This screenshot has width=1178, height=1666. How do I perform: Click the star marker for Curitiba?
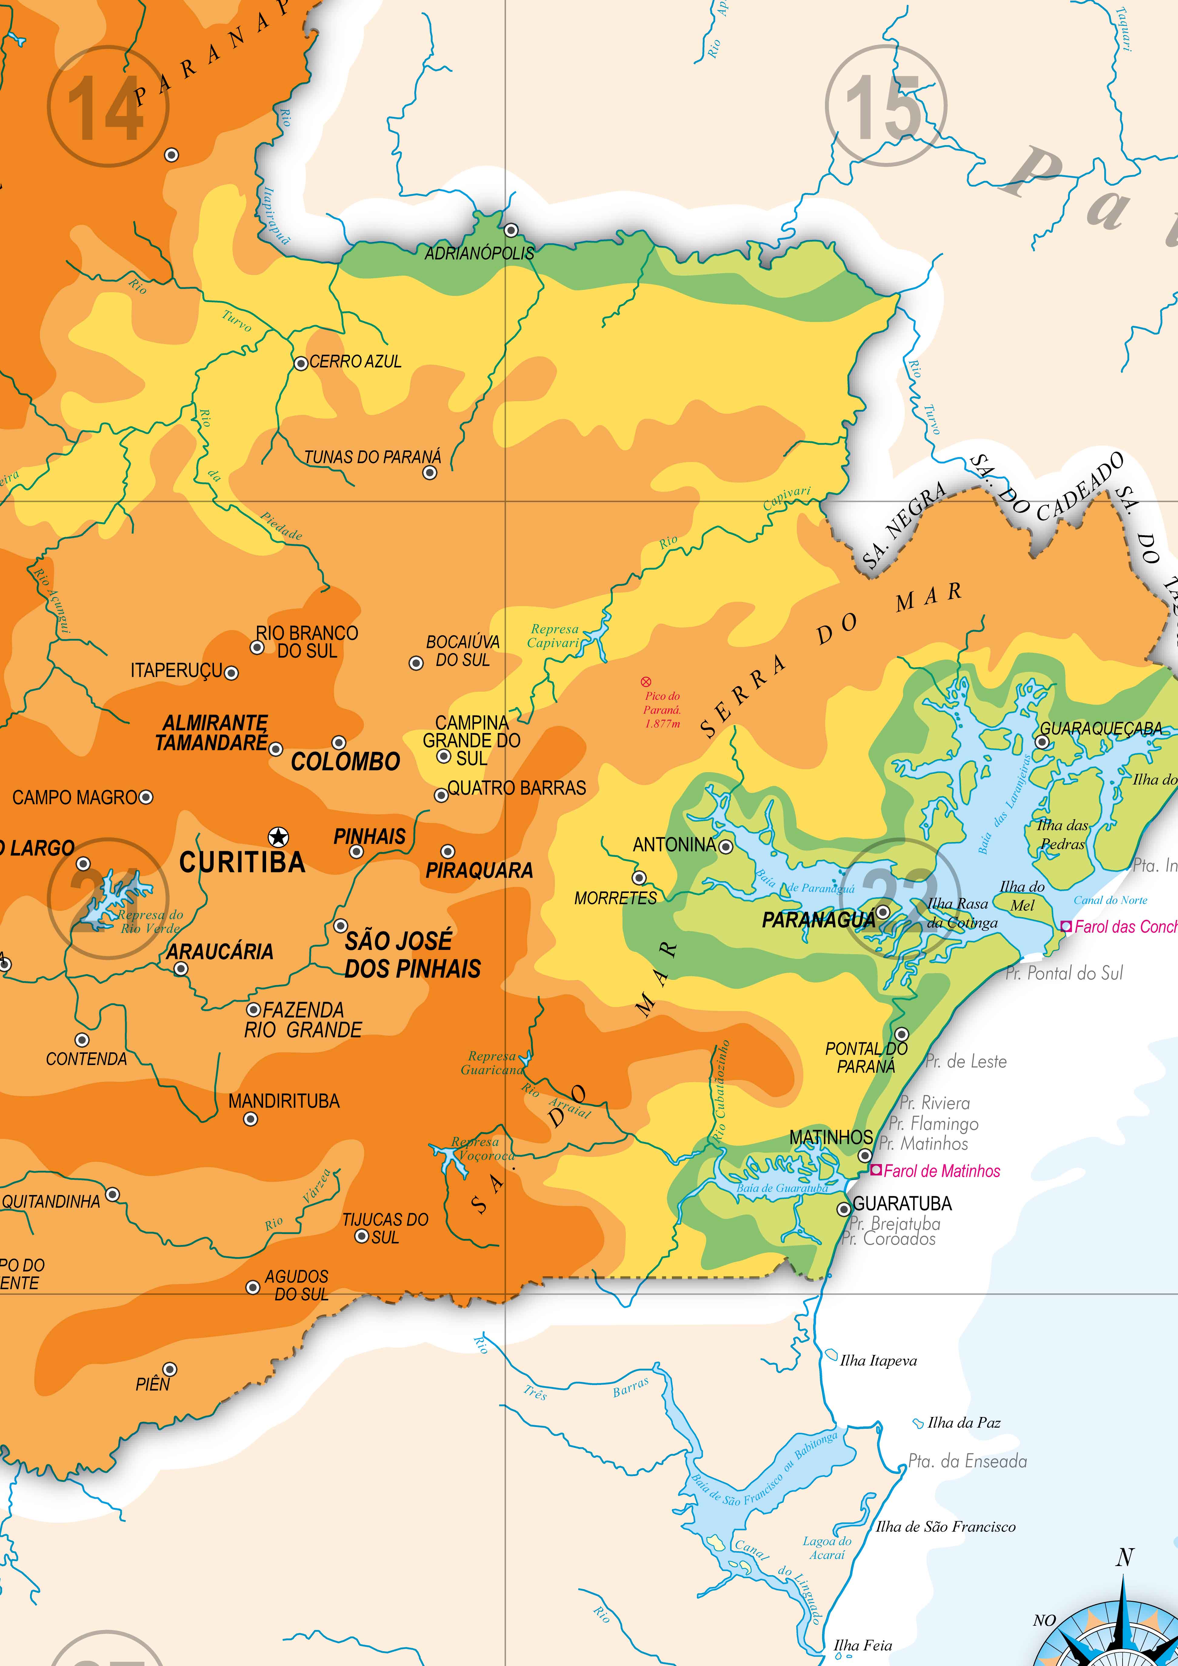[x=278, y=837]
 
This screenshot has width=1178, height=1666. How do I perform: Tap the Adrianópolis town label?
[x=479, y=253]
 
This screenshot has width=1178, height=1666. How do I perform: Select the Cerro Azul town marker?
[x=301, y=363]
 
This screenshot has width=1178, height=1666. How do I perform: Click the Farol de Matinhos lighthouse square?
[x=876, y=1170]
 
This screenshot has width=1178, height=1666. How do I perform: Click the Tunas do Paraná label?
[x=372, y=457]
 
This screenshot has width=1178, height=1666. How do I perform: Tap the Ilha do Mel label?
[x=1022, y=895]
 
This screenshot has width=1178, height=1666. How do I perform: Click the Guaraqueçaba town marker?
[x=1042, y=742]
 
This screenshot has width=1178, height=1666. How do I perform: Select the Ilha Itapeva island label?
[x=878, y=1361]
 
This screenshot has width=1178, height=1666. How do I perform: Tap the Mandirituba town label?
[x=284, y=1101]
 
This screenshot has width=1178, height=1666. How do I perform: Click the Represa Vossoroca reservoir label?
[x=482, y=1149]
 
